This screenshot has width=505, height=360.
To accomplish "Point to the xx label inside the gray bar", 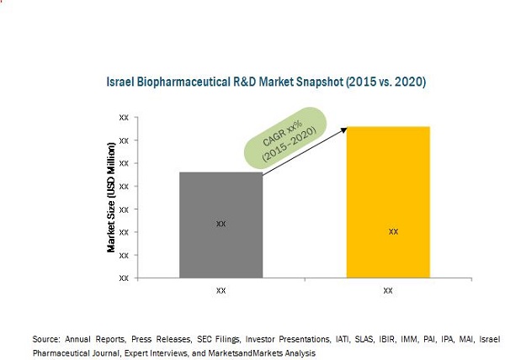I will coord(221,224).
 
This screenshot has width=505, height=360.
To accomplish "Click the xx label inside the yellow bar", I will coord(393,231).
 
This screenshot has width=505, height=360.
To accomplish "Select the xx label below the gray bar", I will coord(221,291).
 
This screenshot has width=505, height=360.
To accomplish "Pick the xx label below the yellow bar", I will coord(388,291).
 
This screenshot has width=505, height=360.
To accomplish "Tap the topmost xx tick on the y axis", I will coord(124,118).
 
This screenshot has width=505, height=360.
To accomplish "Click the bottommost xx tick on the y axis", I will coord(124,278).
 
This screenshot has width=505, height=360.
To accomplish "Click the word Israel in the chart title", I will coord(119,82).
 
